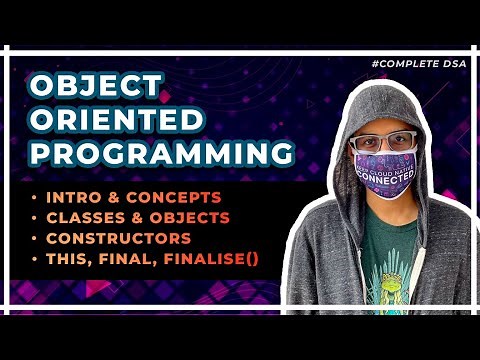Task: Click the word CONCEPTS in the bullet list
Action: [192, 196]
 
